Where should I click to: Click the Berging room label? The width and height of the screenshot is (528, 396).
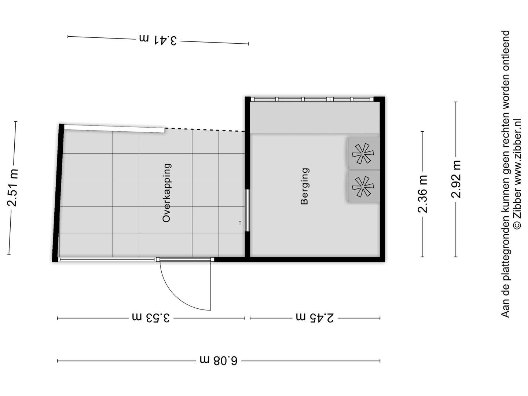point(305,186)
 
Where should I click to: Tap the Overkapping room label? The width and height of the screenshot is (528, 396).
point(167,193)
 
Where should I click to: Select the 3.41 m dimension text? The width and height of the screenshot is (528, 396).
point(158,40)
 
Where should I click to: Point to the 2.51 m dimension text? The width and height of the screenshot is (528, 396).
point(12,188)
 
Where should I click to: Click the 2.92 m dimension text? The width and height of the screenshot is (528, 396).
point(456,179)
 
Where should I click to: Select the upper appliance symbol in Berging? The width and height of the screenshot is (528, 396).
point(363,153)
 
